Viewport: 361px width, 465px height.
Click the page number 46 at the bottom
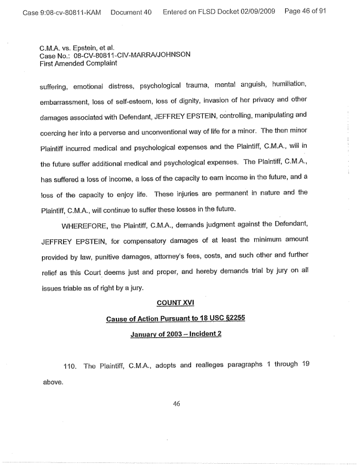click(x=176, y=403)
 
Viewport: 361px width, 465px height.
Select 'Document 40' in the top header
click(x=131, y=12)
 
